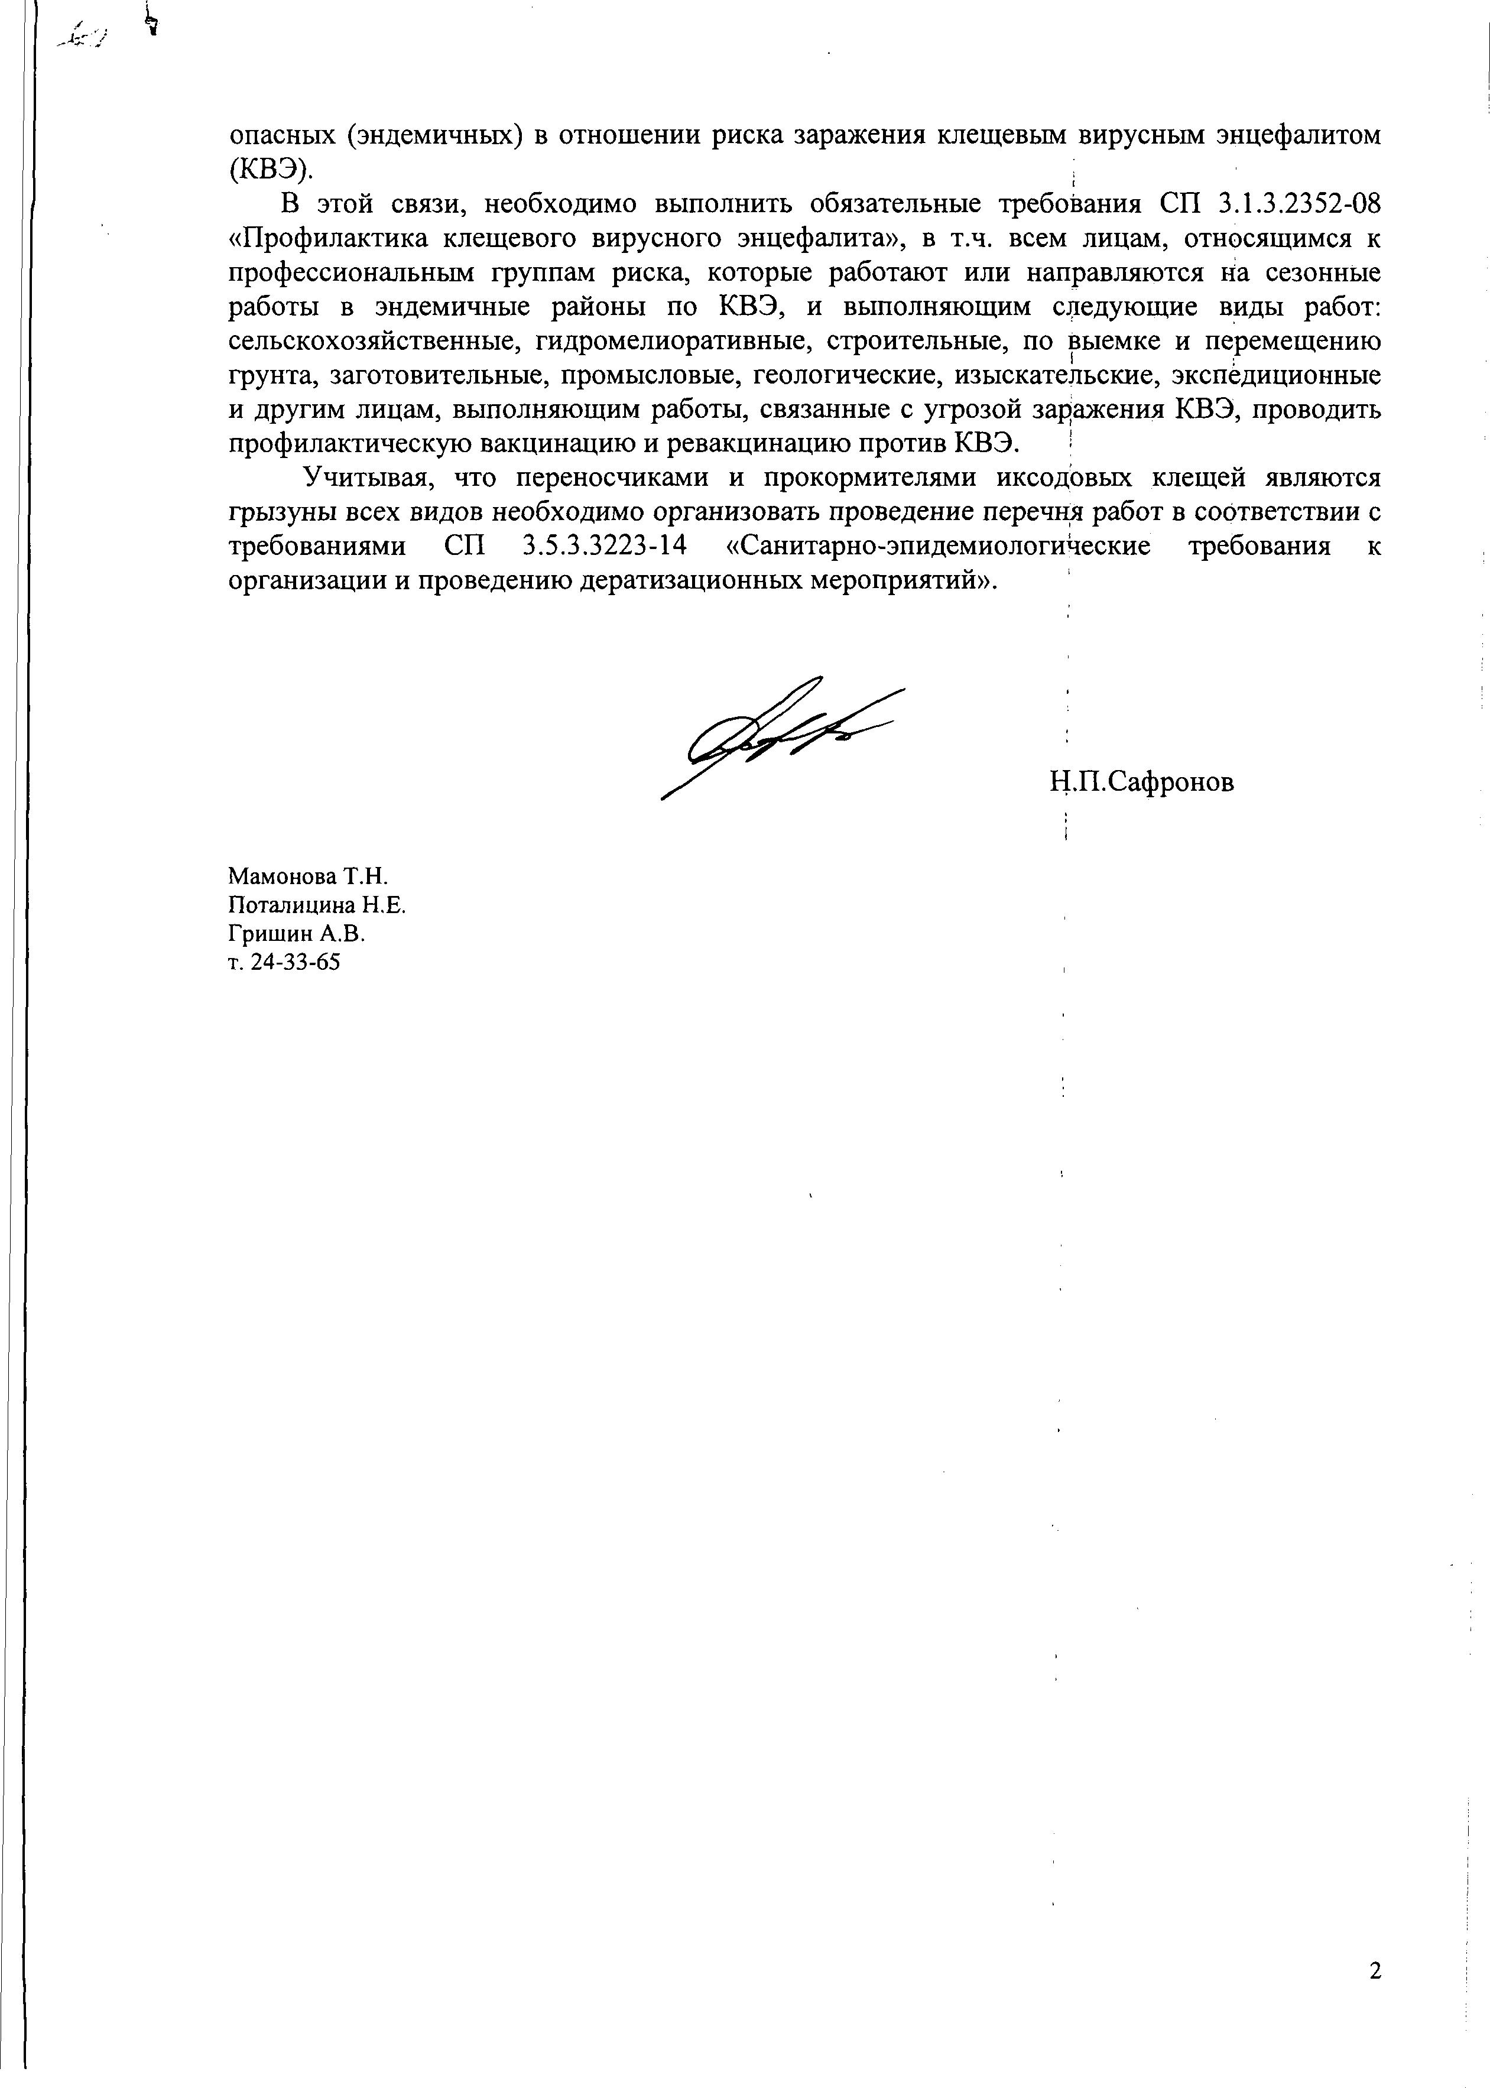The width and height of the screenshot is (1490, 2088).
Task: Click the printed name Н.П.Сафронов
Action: tap(1142, 782)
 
